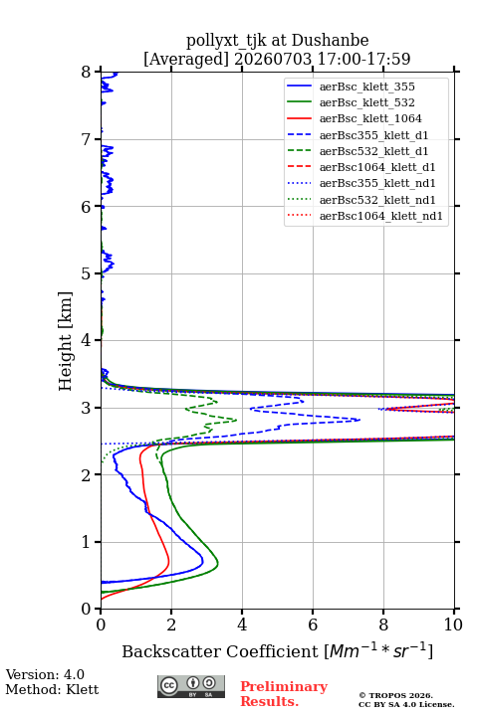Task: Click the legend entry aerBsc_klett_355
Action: (x=366, y=87)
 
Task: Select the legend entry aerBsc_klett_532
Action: (x=366, y=102)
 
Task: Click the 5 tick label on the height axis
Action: (x=87, y=273)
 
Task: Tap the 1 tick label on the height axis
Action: (x=87, y=542)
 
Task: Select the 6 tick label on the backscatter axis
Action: (x=313, y=625)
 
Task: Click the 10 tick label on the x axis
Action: (x=453, y=625)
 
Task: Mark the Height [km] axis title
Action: (x=66, y=341)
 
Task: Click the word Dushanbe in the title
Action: (x=330, y=41)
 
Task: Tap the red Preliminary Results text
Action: (x=284, y=694)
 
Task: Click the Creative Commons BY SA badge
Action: (x=191, y=687)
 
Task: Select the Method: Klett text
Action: (x=52, y=689)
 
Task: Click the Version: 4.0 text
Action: (x=45, y=675)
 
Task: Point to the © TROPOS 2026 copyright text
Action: (x=396, y=695)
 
